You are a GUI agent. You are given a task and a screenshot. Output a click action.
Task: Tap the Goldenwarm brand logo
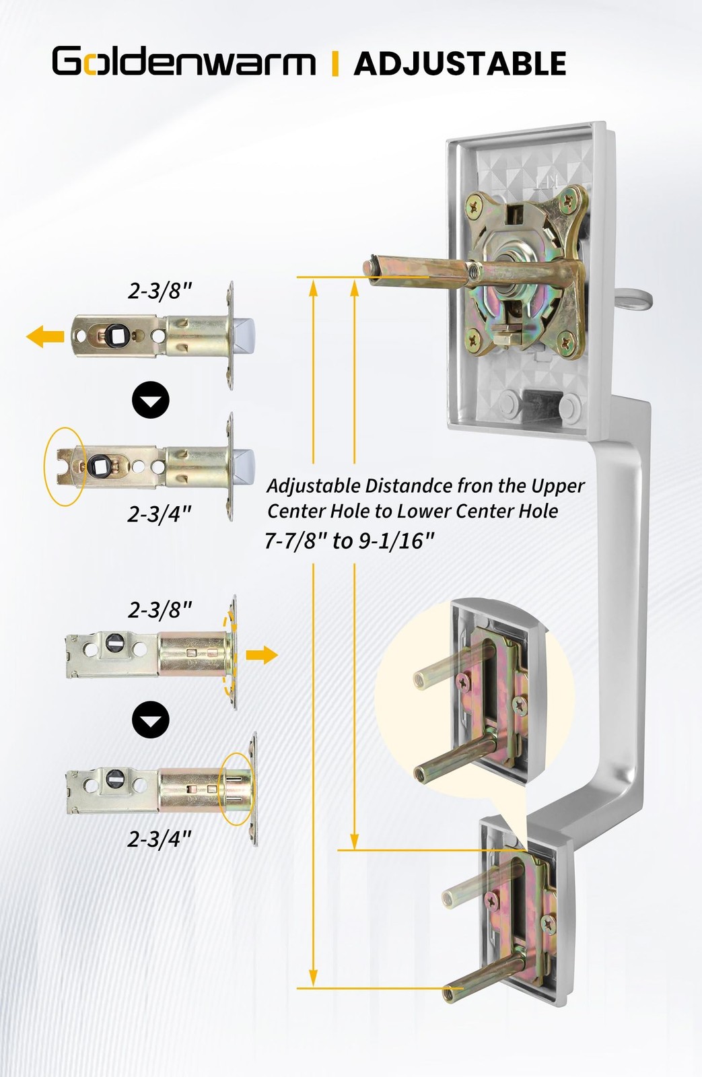(x=184, y=61)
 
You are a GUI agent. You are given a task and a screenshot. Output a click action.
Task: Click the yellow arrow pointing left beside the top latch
(x=44, y=336)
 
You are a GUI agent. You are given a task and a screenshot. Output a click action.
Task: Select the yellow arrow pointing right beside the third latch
(x=262, y=655)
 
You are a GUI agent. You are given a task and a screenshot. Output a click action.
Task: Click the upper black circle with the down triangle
(x=151, y=400)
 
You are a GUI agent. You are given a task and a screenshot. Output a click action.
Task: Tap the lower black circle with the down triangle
(x=151, y=720)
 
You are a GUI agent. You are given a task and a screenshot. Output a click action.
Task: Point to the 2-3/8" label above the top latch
(x=160, y=291)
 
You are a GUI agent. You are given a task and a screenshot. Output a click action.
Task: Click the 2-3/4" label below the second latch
(x=160, y=515)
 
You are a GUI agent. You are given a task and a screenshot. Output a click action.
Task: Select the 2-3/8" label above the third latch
(x=160, y=611)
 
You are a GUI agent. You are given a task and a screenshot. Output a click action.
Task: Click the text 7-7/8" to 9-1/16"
(x=349, y=542)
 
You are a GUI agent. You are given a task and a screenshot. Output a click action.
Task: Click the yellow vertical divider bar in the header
(x=335, y=63)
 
